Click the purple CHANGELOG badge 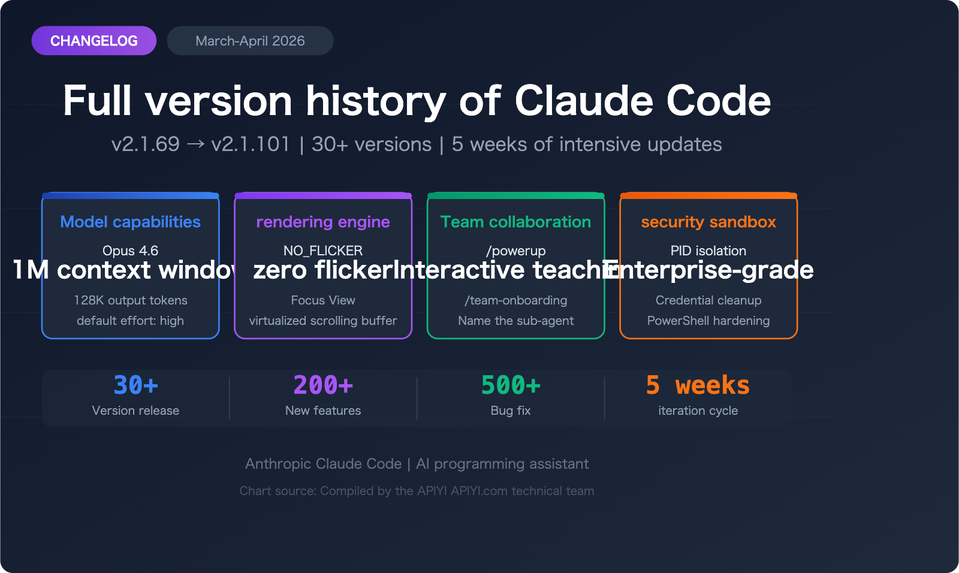click(94, 41)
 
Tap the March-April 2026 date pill click(250, 41)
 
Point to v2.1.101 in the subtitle click(251, 144)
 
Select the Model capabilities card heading click(131, 222)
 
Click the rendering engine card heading click(323, 222)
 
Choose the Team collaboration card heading click(515, 222)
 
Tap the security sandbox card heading click(708, 222)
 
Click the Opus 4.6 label click(131, 251)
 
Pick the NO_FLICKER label click(323, 251)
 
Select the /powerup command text click(515, 251)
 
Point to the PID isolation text click(708, 251)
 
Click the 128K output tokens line click(131, 300)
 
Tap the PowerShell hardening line click(708, 321)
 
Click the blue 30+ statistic click(136, 385)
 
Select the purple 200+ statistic click(323, 385)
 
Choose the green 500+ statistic click(511, 385)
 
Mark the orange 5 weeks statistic click(698, 385)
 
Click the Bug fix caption click(511, 411)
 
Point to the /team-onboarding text click(515, 300)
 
